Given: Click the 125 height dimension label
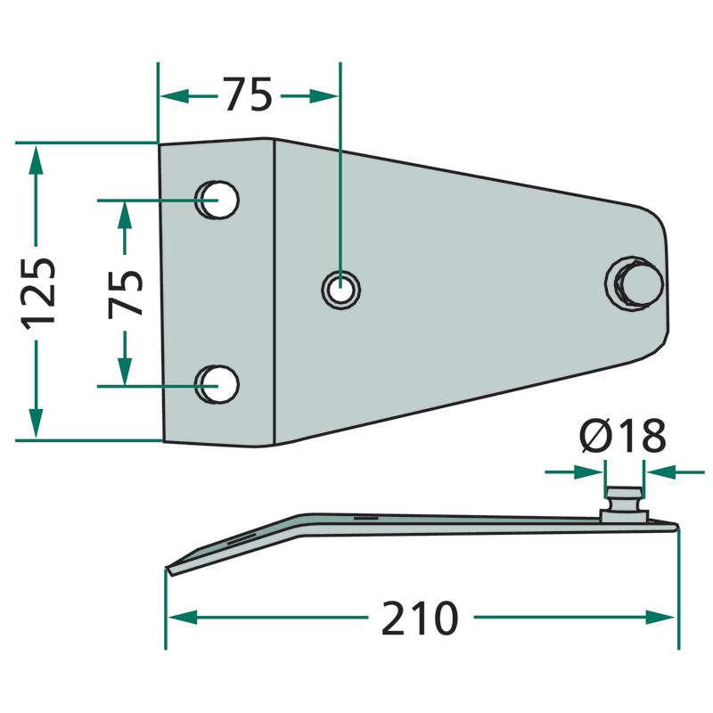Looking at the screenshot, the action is pyautogui.click(x=38, y=293).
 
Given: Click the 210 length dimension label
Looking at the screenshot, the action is pyautogui.click(x=420, y=618).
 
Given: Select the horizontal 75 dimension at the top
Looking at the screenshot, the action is pyautogui.click(x=248, y=94).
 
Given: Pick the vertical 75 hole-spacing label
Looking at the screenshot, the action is pyautogui.click(x=126, y=293).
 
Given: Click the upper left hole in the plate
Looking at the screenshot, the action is pyautogui.click(x=217, y=200).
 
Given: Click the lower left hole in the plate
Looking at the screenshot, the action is pyautogui.click(x=217, y=384).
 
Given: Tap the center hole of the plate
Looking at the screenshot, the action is pyautogui.click(x=341, y=289).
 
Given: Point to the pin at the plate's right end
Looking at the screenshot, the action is pyautogui.click(x=635, y=283).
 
